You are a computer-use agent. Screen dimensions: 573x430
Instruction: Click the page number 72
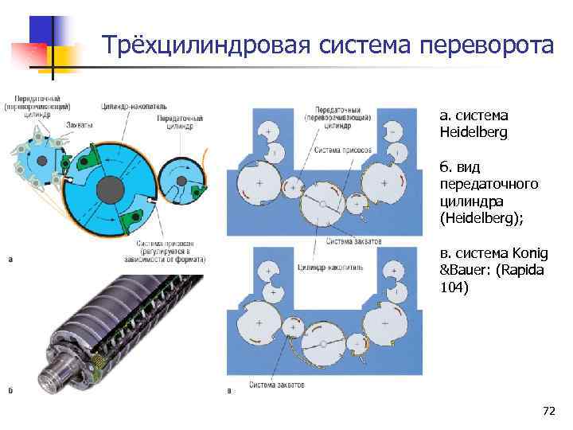pos(548,411)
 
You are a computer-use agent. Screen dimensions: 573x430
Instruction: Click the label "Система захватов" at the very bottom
pos(279,385)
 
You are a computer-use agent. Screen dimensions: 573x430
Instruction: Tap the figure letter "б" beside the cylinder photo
pos(10,390)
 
